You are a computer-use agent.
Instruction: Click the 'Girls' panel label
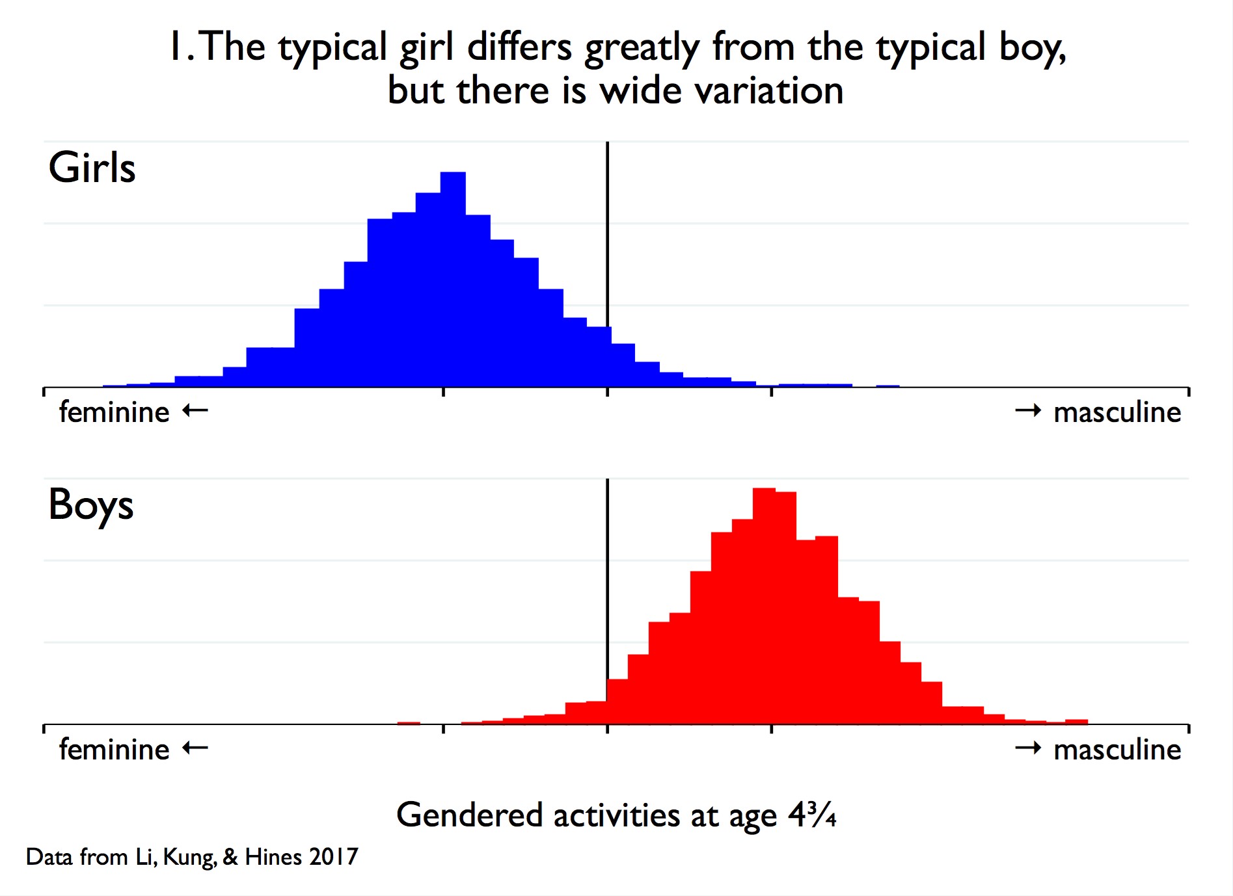click(92, 168)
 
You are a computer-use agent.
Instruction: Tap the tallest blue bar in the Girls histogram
click(453, 280)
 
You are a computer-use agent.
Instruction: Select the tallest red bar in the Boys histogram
click(764, 606)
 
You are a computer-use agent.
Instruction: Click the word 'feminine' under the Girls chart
click(115, 412)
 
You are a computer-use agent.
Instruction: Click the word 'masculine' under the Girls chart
click(1117, 412)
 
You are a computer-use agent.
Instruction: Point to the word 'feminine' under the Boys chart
click(115, 750)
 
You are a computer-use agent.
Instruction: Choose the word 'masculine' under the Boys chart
click(1117, 750)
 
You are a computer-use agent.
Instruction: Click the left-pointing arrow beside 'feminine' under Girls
click(195, 410)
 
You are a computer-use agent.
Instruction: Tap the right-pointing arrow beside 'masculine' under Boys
click(1029, 748)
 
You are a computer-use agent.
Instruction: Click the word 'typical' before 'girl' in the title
click(333, 49)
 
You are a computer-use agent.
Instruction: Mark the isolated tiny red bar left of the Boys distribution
click(409, 723)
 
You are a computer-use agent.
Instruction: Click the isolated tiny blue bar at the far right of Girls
click(888, 386)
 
